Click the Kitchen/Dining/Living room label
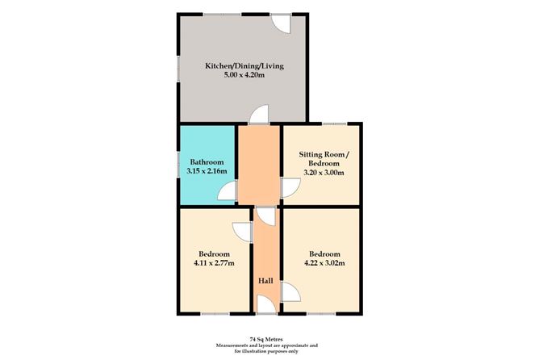click(x=244, y=65)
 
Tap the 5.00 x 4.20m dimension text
click(x=244, y=77)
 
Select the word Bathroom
click(x=201, y=161)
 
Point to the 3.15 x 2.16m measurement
click(x=201, y=172)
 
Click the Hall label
click(x=265, y=280)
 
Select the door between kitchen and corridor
click(x=258, y=116)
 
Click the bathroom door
click(x=229, y=191)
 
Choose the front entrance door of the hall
click(x=265, y=304)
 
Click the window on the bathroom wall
click(x=179, y=165)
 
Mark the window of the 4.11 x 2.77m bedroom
click(x=213, y=313)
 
